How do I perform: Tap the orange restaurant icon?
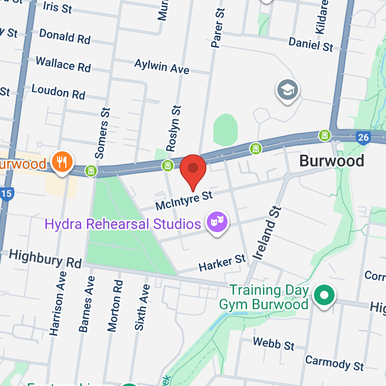pos(62,163)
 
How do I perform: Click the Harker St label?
pos(222,263)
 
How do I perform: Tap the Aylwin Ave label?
pos(162,65)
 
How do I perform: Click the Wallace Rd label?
pos(63,64)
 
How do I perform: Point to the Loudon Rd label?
pos(58,92)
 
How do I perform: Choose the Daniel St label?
pos(311,44)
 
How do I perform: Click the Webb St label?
pos(274,343)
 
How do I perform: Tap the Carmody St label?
pos(335,362)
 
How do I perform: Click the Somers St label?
pos(103,132)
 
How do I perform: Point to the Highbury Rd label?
pos(45,258)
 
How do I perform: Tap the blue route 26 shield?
pos(363,137)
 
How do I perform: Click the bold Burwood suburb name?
pos(331,161)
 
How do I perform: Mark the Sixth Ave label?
pos(143,307)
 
